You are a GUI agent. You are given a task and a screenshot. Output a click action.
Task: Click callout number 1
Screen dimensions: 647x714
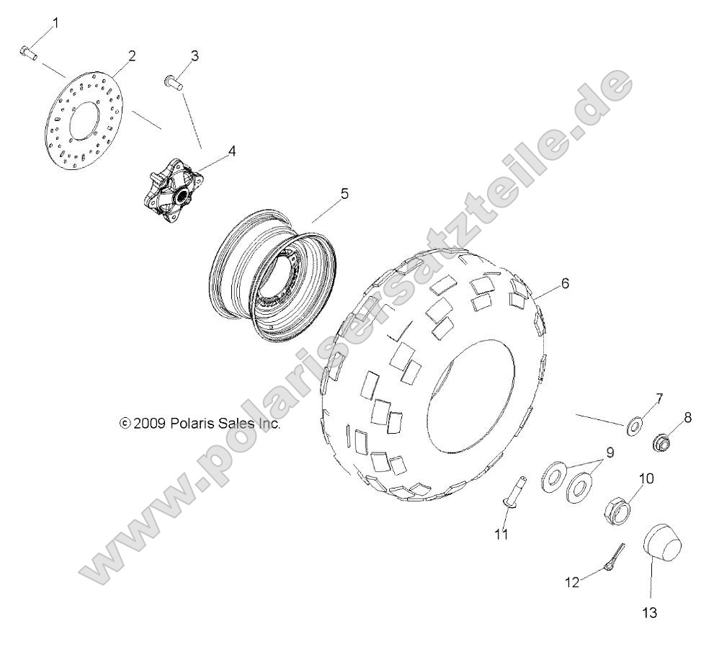[x=55, y=23]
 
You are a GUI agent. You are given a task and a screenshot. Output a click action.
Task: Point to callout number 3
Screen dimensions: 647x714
[x=195, y=56]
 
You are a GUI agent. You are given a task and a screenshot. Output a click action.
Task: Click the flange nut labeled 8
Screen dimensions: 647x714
[x=662, y=442]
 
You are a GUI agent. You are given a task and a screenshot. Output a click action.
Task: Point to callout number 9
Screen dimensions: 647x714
[x=609, y=452]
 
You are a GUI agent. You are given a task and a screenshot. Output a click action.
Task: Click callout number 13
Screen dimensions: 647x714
[x=651, y=613]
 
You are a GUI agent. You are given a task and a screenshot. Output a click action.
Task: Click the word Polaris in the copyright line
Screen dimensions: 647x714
[x=192, y=424]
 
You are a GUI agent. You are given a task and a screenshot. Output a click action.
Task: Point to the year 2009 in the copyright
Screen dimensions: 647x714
[x=151, y=424]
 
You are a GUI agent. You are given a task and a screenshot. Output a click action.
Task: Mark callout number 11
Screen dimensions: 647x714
[x=501, y=534]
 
